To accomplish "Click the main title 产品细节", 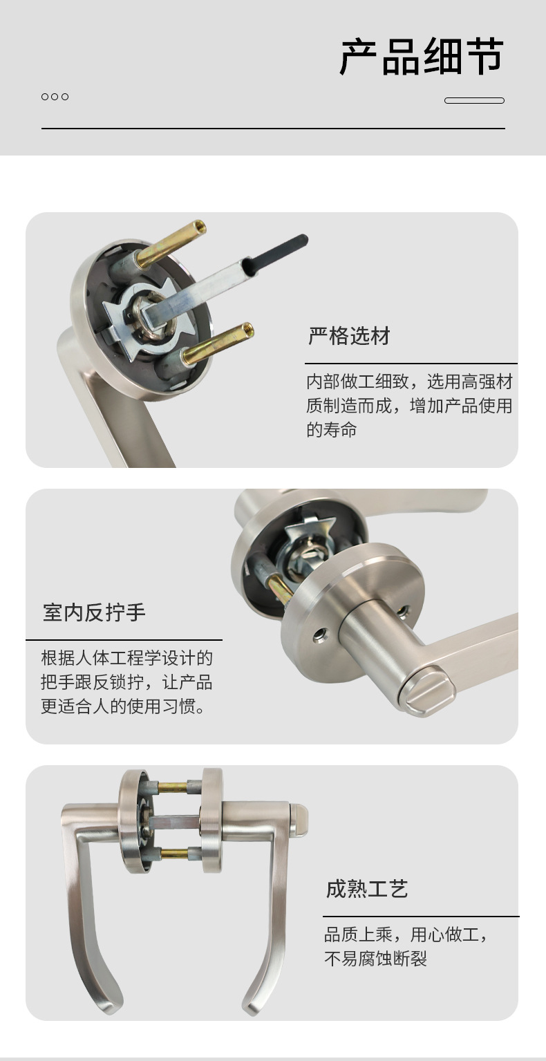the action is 422,57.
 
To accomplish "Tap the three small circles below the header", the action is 55,97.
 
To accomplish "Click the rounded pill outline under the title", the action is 474,100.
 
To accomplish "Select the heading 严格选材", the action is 349,336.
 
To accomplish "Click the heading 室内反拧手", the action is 94,612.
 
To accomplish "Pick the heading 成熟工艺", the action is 367,889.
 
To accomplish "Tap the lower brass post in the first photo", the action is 218,342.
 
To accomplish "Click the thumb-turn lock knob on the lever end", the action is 426,690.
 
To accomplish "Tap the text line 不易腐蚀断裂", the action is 375,959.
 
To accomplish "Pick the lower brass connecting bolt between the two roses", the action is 175,854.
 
